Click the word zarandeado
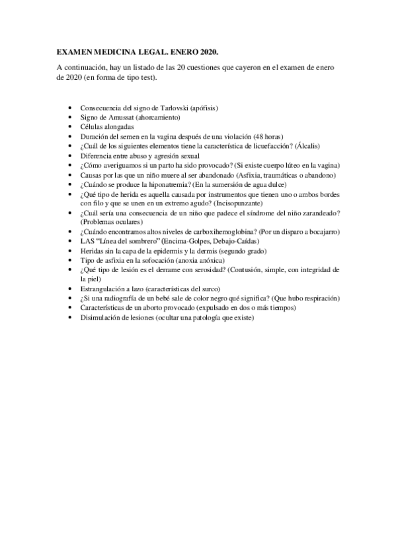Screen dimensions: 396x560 320,213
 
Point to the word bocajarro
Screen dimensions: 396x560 321,232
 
